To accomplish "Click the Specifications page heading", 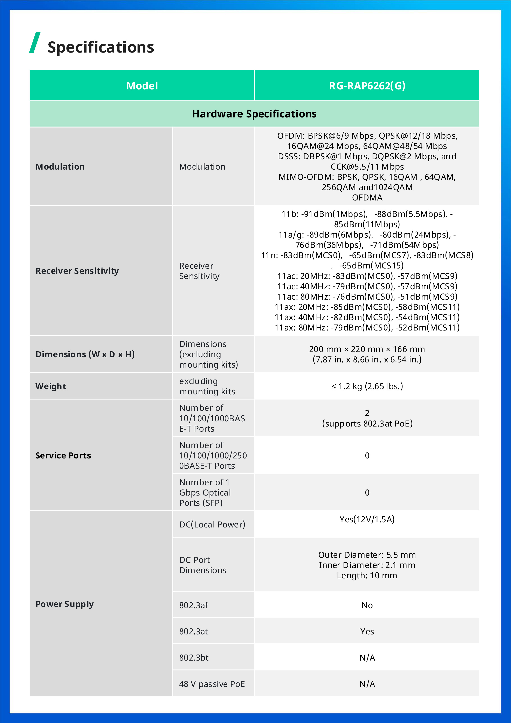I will click(x=101, y=47).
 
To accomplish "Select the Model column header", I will click(x=142, y=86).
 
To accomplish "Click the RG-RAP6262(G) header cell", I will click(x=367, y=86).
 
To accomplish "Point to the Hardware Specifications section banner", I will click(x=254, y=114).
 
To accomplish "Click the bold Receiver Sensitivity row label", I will click(x=77, y=271).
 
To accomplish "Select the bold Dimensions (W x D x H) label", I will click(x=85, y=354).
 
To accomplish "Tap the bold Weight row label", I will click(x=51, y=386).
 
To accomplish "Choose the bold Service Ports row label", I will click(x=63, y=455).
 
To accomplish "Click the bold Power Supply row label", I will click(x=64, y=604).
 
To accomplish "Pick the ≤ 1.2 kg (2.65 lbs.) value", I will click(x=367, y=386).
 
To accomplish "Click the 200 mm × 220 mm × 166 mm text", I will click(x=367, y=349).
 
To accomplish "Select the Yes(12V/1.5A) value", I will click(x=367, y=519).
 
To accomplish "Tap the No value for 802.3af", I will click(x=367, y=605).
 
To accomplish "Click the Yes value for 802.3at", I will click(x=367, y=631).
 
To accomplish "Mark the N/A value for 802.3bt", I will click(x=367, y=657).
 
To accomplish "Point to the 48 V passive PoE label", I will click(x=212, y=684).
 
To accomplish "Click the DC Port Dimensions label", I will click(x=202, y=565).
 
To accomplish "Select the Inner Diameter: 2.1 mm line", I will click(x=367, y=565).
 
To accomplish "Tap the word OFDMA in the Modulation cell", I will click(x=367, y=197).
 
